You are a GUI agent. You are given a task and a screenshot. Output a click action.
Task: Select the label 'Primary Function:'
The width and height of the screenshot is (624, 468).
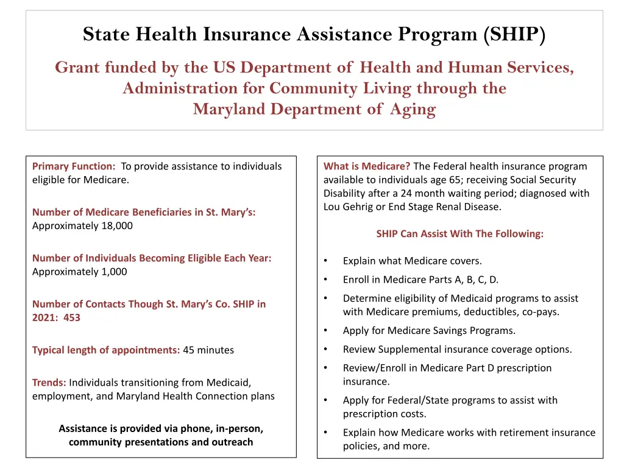click(74, 166)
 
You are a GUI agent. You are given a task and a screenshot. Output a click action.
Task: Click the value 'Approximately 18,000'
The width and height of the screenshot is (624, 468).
click(82, 225)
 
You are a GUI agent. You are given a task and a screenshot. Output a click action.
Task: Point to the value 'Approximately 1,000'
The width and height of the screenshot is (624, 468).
click(80, 272)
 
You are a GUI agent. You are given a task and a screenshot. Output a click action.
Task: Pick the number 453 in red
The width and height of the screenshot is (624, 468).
click(71, 317)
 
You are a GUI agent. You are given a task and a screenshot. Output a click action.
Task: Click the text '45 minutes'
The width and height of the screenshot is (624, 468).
click(208, 350)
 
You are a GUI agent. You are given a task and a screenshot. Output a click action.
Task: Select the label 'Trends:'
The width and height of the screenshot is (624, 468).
click(49, 383)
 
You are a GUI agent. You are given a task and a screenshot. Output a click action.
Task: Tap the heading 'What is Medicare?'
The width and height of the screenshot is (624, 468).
click(367, 166)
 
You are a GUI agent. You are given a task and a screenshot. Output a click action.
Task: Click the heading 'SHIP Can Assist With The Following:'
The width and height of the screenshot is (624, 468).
click(460, 233)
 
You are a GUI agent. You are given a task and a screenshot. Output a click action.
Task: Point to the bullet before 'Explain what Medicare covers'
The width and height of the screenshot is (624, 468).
click(327, 261)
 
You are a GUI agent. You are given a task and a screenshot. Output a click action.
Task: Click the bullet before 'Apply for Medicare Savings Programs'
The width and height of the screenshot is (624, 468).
click(327, 331)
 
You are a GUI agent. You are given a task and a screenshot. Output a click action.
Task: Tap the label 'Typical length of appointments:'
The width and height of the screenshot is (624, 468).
click(106, 350)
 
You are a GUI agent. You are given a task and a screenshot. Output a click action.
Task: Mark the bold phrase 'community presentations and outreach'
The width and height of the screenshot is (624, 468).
click(161, 442)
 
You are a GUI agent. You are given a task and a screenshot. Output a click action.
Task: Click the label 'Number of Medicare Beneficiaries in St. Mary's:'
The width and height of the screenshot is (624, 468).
click(144, 212)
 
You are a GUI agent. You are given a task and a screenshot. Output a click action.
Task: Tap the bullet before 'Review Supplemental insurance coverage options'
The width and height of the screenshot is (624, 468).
click(327, 350)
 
